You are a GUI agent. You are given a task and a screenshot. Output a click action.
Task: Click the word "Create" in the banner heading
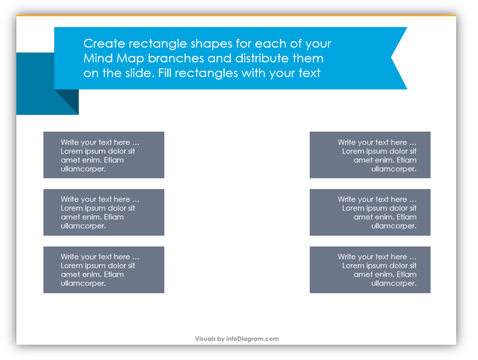[104, 44]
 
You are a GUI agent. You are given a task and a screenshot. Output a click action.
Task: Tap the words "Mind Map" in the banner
[114, 58]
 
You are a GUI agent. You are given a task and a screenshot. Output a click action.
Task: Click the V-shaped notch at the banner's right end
[392, 58]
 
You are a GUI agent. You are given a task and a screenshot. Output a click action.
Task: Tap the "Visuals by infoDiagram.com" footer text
[237, 339]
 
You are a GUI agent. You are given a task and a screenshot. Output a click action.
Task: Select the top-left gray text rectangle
[104, 155]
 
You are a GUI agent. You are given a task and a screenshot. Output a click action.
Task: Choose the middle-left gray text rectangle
[104, 212]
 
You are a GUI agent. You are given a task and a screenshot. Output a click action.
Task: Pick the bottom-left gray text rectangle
[104, 270]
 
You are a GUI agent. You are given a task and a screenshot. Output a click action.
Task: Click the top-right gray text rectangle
[370, 155]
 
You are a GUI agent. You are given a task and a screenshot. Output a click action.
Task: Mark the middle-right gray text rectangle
[370, 212]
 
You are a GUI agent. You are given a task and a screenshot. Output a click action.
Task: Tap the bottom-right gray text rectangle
[370, 270]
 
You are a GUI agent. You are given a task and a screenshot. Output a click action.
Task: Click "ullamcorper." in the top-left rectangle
[83, 169]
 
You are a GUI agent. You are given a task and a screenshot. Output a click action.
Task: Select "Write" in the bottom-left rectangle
[70, 257]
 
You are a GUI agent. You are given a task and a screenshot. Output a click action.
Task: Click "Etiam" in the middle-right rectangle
[406, 217]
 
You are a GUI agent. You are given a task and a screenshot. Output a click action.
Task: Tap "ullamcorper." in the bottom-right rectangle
[393, 284]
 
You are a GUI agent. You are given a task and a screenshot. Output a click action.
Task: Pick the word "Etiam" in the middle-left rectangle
[114, 217]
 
